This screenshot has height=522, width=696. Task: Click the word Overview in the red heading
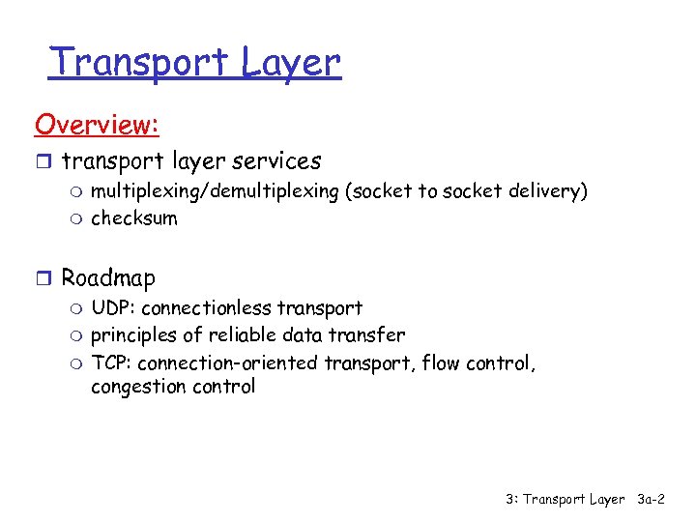pyautogui.click(x=95, y=125)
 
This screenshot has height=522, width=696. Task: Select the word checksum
pyautogui.click(x=134, y=217)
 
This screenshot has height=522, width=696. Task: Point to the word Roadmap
pyautogui.click(x=108, y=278)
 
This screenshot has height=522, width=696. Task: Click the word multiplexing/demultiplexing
pyautogui.click(x=215, y=191)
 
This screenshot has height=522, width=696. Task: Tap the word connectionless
pyautogui.click(x=206, y=308)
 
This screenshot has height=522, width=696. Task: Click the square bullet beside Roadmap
pyautogui.click(x=43, y=279)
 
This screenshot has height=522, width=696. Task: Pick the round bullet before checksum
pyautogui.click(x=76, y=218)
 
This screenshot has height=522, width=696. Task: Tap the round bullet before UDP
pyautogui.click(x=76, y=309)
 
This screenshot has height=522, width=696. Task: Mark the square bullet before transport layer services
pyautogui.click(x=43, y=161)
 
